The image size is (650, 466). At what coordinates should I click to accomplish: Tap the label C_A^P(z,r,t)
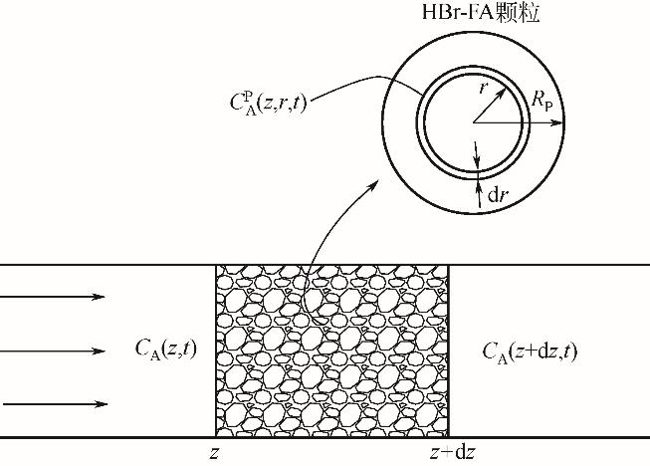click(266, 102)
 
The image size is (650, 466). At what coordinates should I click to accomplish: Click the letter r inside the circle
click(484, 87)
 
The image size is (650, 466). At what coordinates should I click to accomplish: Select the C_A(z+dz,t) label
click(532, 349)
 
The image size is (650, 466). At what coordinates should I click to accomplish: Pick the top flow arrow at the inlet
click(55, 297)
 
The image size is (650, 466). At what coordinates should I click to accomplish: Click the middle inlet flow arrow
click(55, 350)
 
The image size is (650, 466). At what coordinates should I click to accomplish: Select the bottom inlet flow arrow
click(55, 404)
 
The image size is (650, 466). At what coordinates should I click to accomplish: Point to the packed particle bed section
click(332, 350)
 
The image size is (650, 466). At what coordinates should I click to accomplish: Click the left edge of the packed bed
click(217, 350)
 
